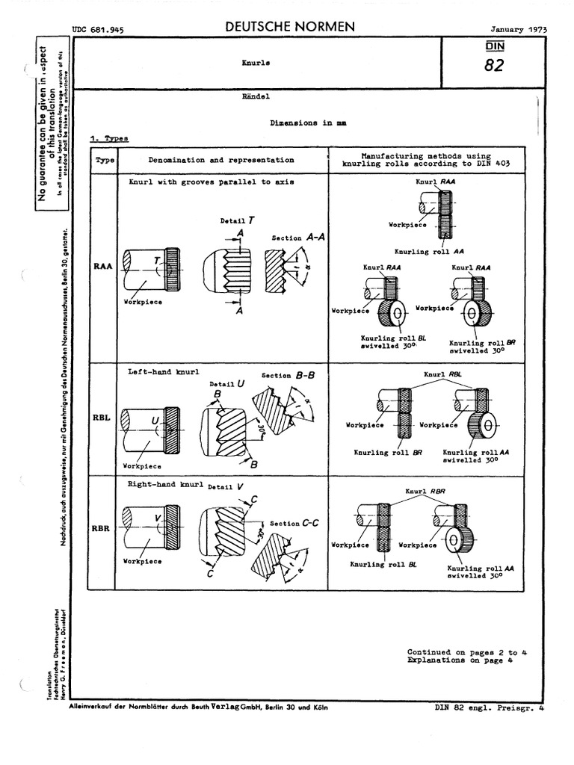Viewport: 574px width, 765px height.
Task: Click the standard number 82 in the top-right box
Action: tap(493, 66)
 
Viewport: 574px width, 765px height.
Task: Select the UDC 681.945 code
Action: tap(97, 30)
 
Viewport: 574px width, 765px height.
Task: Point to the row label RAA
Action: tap(103, 266)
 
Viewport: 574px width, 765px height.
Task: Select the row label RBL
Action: tap(102, 418)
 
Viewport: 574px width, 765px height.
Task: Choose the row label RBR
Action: tap(101, 529)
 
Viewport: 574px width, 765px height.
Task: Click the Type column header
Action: tap(103, 160)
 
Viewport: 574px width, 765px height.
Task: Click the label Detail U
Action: tap(230, 383)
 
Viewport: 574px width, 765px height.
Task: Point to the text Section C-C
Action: tap(294, 524)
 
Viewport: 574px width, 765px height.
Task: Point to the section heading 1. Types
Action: tap(109, 138)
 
